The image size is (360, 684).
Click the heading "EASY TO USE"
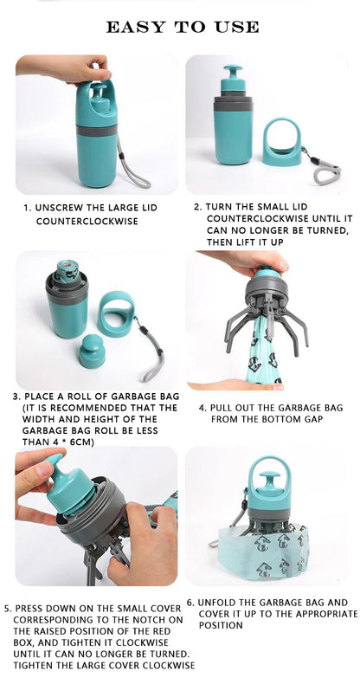point(182,27)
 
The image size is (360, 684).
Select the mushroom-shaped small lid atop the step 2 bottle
point(233,78)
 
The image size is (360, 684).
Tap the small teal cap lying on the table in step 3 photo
point(92,352)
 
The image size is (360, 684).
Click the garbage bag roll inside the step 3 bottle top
point(67,270)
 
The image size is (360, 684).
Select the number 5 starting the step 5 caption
point(7,608)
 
